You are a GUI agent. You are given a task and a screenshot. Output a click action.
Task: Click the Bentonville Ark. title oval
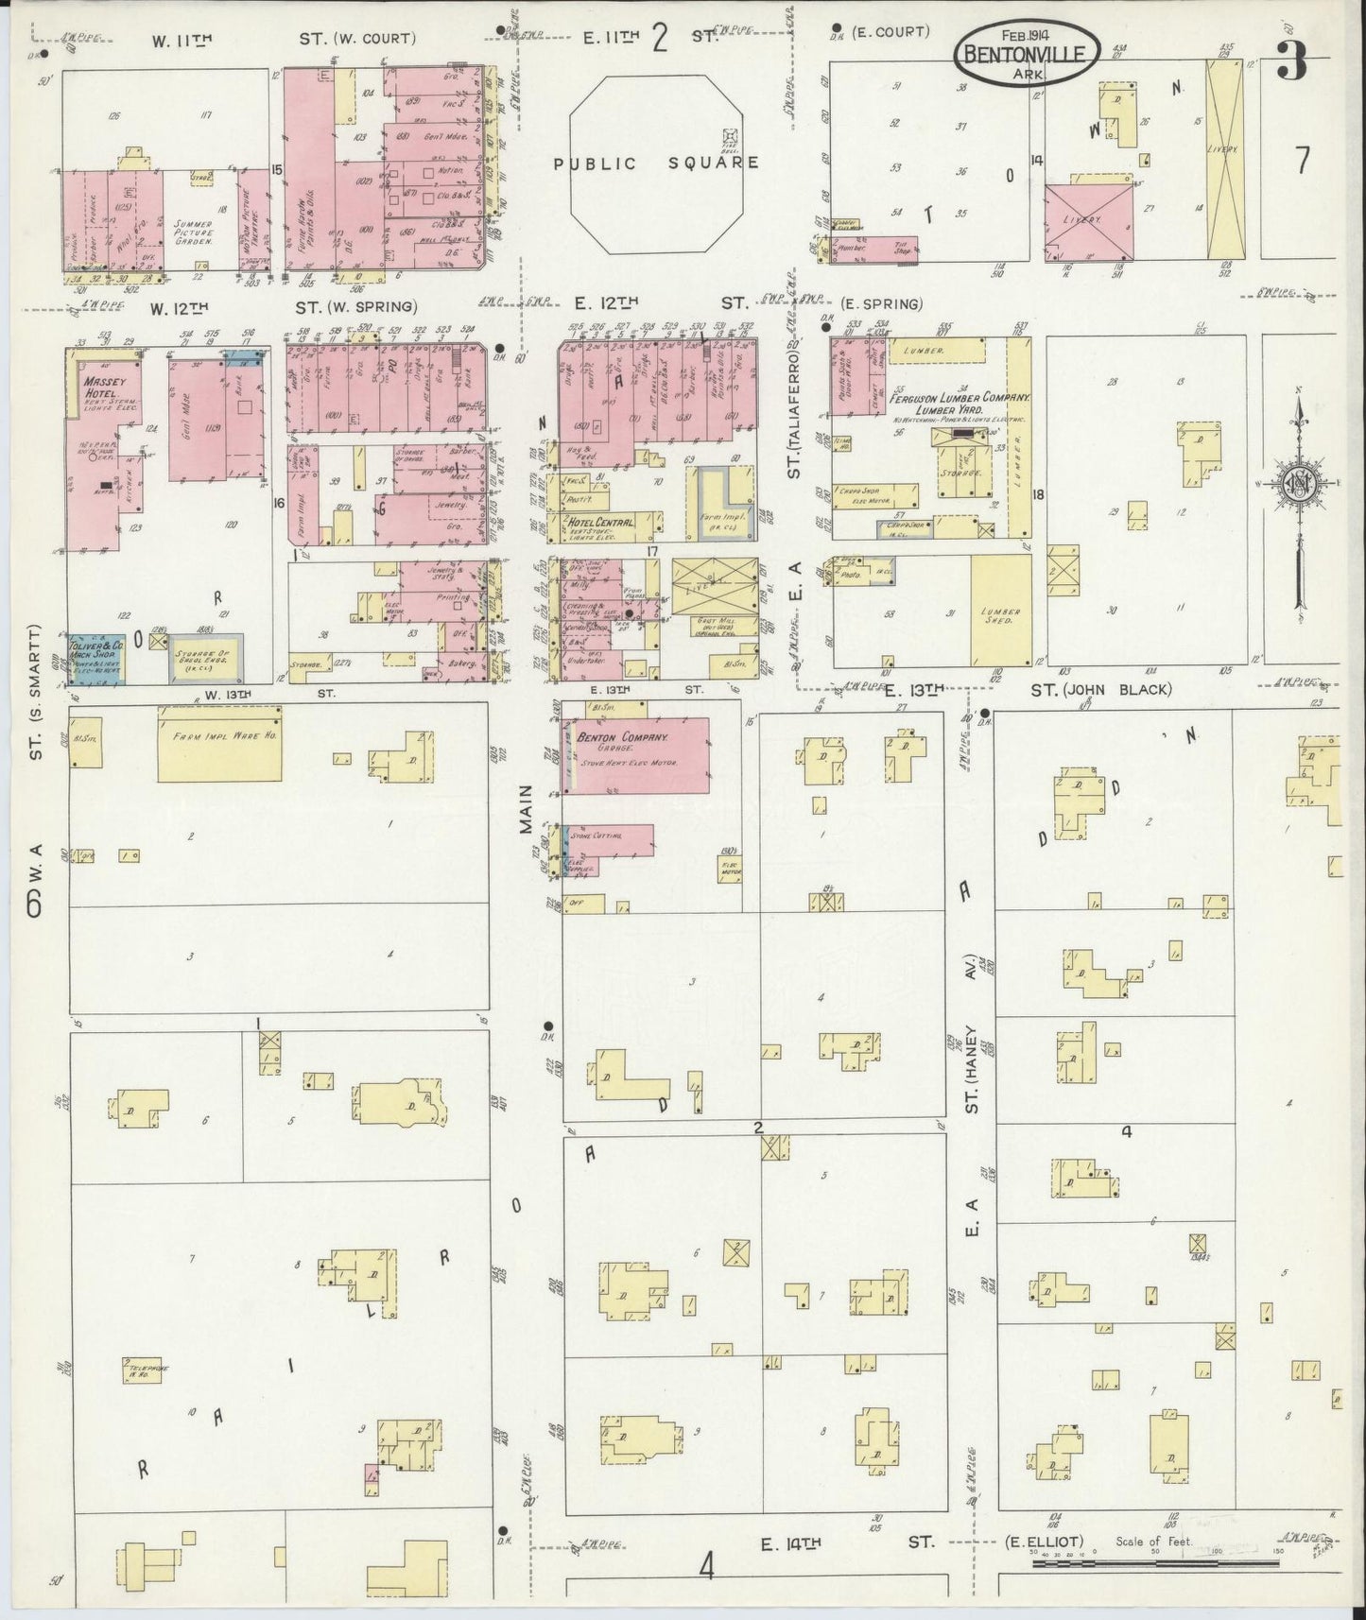(1027, 48)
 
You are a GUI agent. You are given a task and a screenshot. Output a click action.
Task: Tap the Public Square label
(656, 163)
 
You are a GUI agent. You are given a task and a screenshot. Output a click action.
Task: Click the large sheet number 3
(1290, 63)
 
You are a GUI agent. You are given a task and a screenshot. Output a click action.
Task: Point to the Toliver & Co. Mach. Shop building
(95, 659)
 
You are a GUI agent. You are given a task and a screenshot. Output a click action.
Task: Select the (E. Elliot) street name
(1043, 1542)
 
